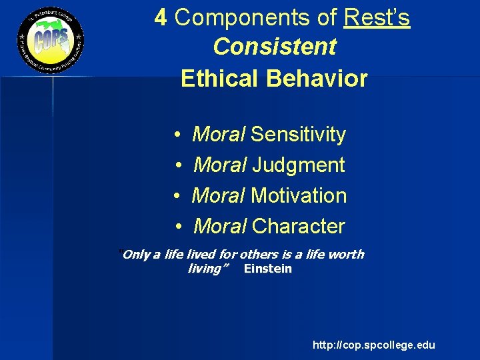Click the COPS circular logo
(x=51, y=41)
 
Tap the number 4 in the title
(x=161, y=17)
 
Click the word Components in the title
(x=256, y=18)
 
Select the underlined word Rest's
(x=377, y=18)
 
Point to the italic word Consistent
(x=274, y=47)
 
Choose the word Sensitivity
(x=298, y=135)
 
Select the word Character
(x=299, y=227)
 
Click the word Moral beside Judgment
(x=219, y=165)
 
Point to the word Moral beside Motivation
(x=219, y=196)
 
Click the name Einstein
(x=268, y=269)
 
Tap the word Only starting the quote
(x=136, y=254)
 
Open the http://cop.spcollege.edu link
(x=373, y=345)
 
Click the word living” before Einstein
(x=208, y=269)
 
